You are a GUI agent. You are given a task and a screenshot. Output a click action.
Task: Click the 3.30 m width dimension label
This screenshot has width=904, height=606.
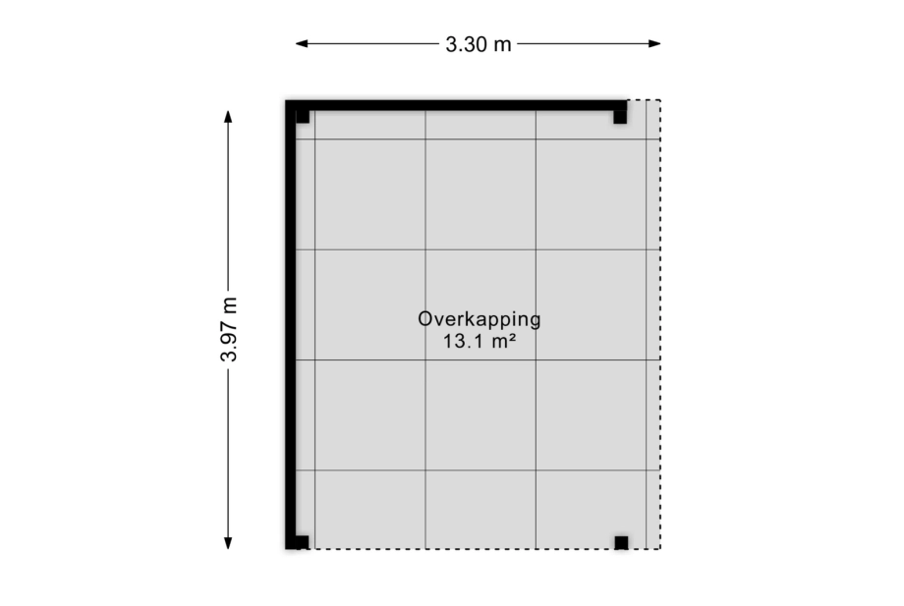[x=479, y=44]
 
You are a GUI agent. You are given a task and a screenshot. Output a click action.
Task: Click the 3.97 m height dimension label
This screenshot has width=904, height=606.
[x=229, y=329]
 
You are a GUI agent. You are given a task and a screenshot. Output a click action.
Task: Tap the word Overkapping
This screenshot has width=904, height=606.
[x=480, y=320]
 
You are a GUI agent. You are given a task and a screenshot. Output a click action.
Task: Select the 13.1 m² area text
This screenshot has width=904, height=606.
[x=480, y=342]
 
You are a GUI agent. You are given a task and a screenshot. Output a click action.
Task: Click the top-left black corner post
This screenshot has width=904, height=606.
[x=303, y=116]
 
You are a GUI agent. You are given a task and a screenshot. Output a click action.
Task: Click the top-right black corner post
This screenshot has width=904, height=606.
[x=620, y=116]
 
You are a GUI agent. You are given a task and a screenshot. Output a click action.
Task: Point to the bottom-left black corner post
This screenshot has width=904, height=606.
[x=302, y=542]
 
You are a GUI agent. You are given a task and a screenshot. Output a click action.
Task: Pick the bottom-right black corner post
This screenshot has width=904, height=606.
[x=621, y=542]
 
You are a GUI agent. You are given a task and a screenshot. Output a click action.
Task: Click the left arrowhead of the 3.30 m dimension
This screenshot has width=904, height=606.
[x=302, y=44]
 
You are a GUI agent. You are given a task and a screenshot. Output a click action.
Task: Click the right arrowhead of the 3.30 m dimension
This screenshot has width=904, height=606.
[x=654, y=44]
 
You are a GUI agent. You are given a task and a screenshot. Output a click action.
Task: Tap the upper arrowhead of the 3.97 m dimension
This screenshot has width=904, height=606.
[x=228, y=116]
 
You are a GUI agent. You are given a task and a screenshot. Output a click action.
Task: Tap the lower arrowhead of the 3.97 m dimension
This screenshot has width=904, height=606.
[x=228, y=542]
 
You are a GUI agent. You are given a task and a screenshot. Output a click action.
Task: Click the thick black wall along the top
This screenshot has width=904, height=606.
[x=457, y=105]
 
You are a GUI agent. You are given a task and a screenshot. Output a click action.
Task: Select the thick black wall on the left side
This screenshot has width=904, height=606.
[x=291, y=324]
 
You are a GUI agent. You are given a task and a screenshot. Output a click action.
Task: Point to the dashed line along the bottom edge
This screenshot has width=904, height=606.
[x=484, y=549]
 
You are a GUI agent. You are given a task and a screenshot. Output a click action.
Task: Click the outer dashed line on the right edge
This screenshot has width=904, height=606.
[x=660, y=324]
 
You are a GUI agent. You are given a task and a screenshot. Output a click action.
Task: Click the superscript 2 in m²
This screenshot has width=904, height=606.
[x=511, y=337]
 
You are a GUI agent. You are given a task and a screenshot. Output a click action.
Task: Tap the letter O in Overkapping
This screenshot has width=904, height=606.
[x=424, y=319]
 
